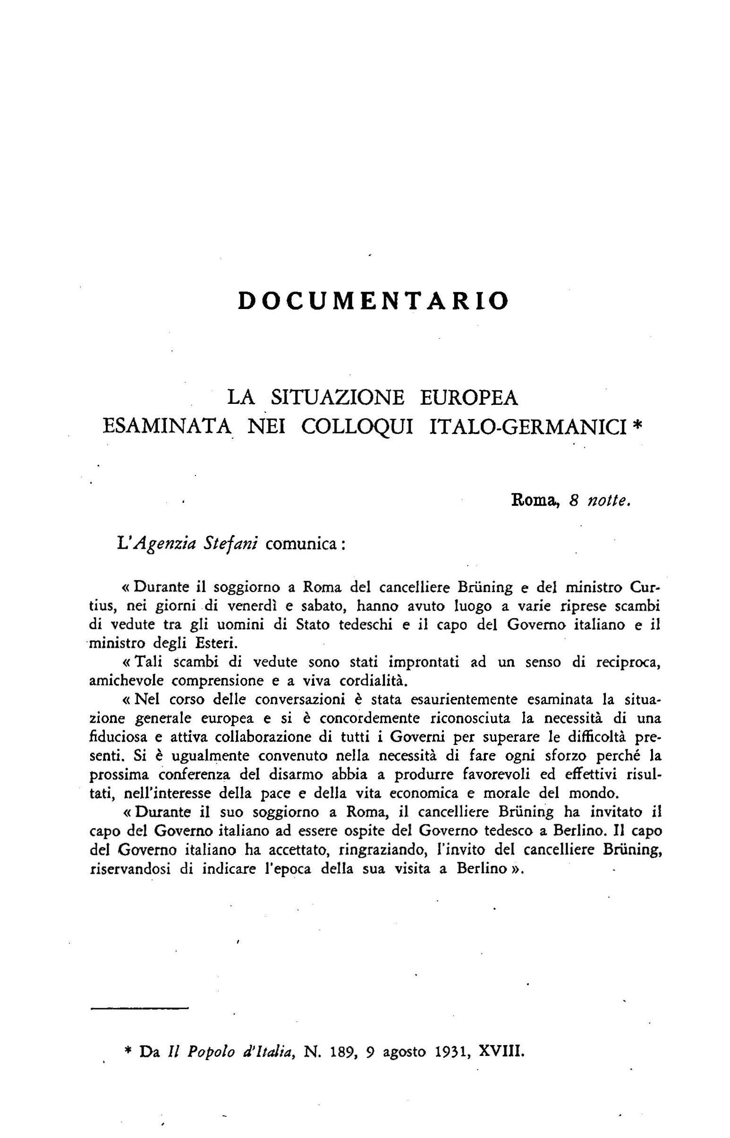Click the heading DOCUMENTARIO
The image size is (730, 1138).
(x=373, y=301)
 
